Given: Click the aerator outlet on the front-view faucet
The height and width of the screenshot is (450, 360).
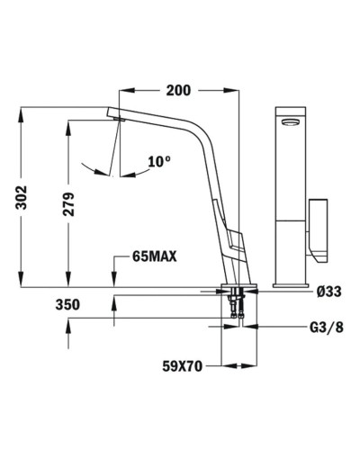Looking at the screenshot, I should (x=289, y=122).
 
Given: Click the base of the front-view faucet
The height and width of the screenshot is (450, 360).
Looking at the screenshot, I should (x=289, y=281).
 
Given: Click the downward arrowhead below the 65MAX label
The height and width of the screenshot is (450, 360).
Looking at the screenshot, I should (x=113, y=281).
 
